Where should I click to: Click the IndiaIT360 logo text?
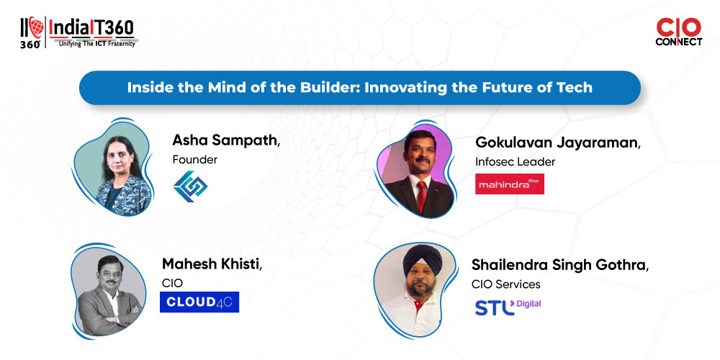coord(91,28)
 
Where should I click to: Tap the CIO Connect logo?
coord(679,32)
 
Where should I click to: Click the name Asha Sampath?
coord(226,140)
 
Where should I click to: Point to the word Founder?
coord(194,160)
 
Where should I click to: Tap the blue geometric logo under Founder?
coord(190,186)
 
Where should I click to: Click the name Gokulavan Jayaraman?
coord(557,143)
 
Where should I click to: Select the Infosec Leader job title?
coord(516,161)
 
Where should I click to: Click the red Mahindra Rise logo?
coord(510,184)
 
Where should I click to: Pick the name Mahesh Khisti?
coord(212,264)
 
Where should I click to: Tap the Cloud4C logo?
coord(199,302)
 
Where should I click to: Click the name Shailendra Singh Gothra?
coord(559,266)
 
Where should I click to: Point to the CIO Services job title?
coord(506,284)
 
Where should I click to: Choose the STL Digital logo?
coord(508,307)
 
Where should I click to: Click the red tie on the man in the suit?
coord(421,196)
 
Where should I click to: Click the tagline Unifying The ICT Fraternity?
coord(96,44)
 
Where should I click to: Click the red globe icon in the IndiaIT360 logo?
coord(36,27)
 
